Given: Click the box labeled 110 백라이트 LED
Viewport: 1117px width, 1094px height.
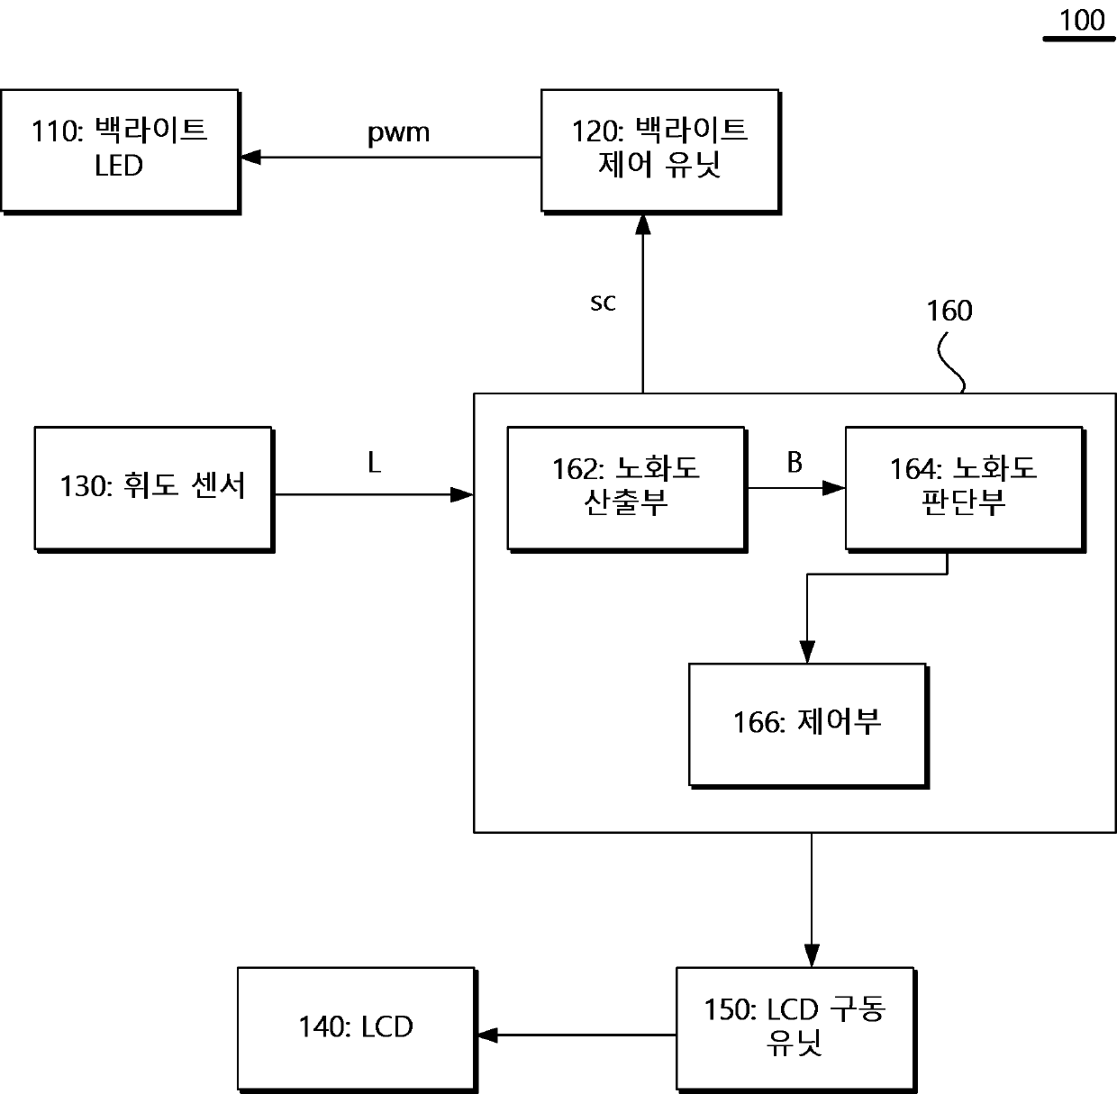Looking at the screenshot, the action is point(120,152).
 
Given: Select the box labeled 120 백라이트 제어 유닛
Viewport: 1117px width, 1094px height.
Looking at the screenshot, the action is point(661,152).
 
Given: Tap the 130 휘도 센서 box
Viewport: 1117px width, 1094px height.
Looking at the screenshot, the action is point(154,490).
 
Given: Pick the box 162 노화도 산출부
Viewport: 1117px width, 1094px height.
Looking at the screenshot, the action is point(627,490).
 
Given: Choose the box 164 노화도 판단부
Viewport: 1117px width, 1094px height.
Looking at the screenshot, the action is point(965,490).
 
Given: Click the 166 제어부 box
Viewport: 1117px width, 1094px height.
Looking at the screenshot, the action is point(808,726).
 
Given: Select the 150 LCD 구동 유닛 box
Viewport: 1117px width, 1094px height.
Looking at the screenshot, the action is point(795,1030).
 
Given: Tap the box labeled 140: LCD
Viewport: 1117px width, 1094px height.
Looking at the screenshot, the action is point(357,1030).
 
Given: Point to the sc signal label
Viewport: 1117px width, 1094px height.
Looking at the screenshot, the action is point(603,303).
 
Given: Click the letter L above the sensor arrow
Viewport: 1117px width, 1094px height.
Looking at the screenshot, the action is point(375,463).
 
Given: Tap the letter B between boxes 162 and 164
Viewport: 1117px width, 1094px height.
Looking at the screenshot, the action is point(795,462).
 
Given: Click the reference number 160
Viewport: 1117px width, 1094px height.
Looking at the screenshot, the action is point(949,311).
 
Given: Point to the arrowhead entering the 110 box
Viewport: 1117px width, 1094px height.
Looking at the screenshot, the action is point(250,157).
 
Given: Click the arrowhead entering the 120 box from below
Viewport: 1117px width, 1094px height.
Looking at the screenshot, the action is point(643,225).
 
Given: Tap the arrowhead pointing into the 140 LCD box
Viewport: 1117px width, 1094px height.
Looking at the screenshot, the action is point(487,1035).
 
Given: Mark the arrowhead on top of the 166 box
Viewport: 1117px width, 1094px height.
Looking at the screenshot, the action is point(807,652).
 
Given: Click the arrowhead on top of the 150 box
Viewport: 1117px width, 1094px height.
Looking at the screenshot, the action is point(812,956).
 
